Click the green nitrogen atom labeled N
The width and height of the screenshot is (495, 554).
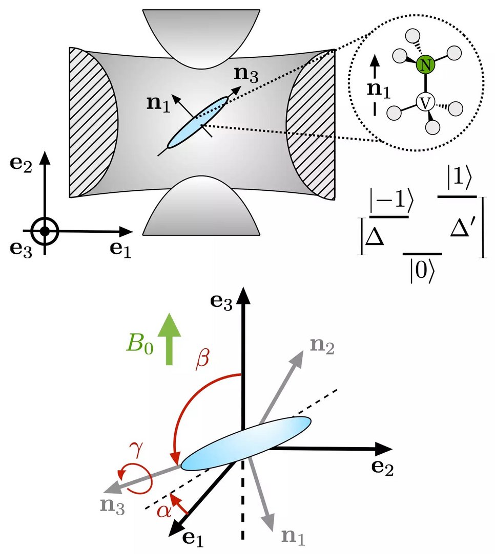(x=424, y=65)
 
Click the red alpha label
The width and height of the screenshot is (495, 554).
(x=163, y=510)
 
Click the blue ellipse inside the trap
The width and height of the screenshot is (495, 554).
(x=198, y=122)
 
